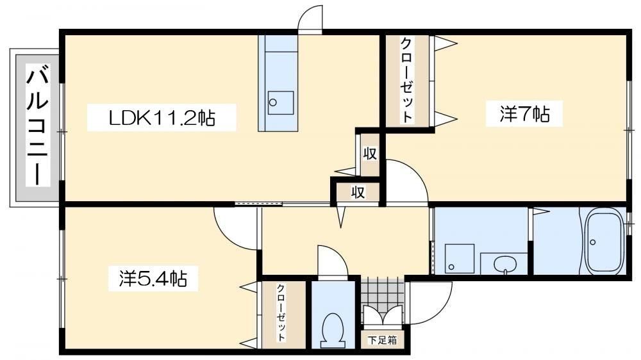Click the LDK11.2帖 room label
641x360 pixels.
[x=162, y=118]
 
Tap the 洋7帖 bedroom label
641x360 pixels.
[x=524, y=113]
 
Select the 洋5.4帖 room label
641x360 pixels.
[x=153, y=279]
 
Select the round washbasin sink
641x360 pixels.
[x=505, y=264]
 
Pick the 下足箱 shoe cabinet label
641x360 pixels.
[x=382, y=340]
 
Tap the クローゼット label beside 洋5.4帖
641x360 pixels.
[x=281, y=312]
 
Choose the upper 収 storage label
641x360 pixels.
[x=370, y=154]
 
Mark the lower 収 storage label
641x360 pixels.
[x=358, y=192]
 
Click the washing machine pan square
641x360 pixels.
[x=460, y=259]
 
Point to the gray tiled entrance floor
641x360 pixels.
[x=382, y=292]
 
